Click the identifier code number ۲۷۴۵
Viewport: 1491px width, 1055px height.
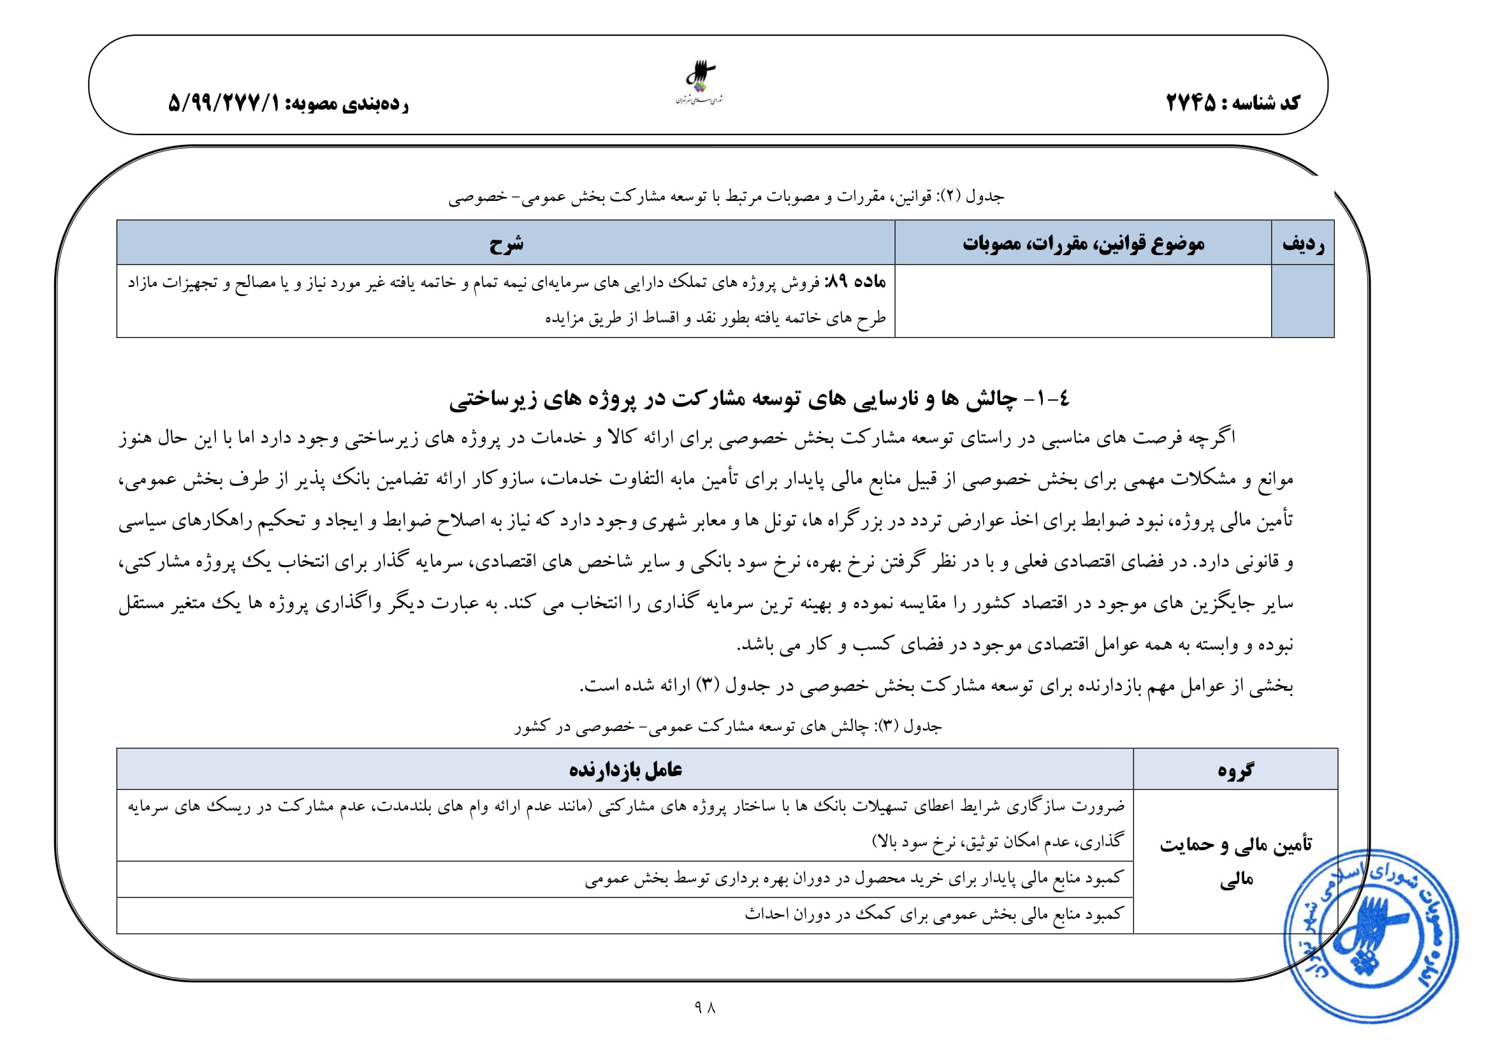pos(1190,103)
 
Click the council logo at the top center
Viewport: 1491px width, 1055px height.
pos(700,83)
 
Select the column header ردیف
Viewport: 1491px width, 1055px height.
pos(1303,244)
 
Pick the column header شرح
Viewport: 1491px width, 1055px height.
pos(506,244)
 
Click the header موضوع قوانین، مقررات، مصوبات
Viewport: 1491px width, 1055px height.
pos(1082,244)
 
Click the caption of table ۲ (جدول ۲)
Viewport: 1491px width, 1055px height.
pos(726,196)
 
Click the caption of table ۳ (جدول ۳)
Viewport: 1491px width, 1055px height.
pos(727,727)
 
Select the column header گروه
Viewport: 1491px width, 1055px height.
pos(1235,771)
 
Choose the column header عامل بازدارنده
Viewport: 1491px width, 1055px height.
pos(625,771)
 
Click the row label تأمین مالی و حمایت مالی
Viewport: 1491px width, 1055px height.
pos(1235,861)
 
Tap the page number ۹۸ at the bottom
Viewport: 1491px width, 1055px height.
pos(704,1007)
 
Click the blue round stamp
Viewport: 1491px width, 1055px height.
pos(1371,936)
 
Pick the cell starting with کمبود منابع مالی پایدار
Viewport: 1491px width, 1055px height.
pos(854,879)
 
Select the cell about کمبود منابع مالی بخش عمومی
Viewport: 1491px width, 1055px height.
pos(933,915)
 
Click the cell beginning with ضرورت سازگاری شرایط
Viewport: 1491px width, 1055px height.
pos(625,823)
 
